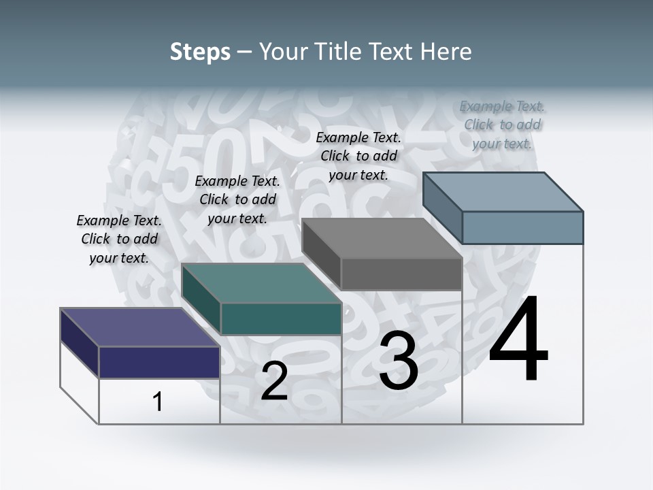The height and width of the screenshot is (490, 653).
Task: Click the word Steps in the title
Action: pyautogui.click(x=200, y=52)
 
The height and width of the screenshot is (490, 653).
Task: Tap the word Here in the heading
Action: pyautogui.click(x=446, y=52)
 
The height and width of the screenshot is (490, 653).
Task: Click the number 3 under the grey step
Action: pyautogui.click(x=399, y=361)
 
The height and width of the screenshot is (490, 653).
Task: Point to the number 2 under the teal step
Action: pyautogui.click(x=274, y=381)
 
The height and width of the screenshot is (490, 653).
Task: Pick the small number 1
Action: pyautogui.click(x=158, y=402)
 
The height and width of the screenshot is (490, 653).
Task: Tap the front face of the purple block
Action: pyautogui.click(x=159, y=362)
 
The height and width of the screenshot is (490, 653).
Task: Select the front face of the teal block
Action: pyautogui.click(x=281, y=318)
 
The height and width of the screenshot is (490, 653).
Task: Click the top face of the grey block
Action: pyautogui.click(x=382, y=238)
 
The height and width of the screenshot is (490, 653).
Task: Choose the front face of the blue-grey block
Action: pyautogui.click(x=522, y=227)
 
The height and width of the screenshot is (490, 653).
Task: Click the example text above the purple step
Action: pyautogui.click(x=119, y=239)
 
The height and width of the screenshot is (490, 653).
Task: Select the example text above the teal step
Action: pyautogui.click(x=237, y=199)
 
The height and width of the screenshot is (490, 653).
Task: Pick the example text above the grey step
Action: pyautogui.click(x=358, y=156)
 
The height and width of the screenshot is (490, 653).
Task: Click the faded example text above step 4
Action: pyautogui.click(x=502, y=125)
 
